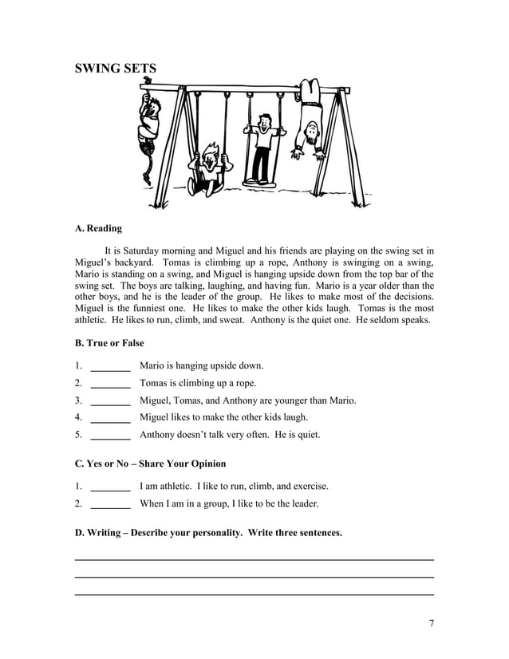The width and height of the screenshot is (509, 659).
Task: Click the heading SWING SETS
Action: (x=116, y=69)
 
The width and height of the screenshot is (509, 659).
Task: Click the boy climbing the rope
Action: (x=147, y=120)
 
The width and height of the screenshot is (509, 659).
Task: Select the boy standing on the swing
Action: (x=261, y=148)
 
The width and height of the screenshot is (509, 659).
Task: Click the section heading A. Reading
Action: (x=98, y=229)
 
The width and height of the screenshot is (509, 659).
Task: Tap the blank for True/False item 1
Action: (x=111, y=367)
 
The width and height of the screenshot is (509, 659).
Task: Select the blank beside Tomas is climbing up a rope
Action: (x=111, y=385)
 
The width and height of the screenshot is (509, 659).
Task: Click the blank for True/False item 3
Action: (x=111, y=401)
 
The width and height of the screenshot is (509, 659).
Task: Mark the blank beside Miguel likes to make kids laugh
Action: (x=111, y=418)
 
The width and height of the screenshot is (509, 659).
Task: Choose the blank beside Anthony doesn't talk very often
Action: (x=111, y=436)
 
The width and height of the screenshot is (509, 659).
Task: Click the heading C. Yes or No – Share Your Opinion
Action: (x=150, y=464)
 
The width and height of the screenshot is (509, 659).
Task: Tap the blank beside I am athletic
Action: (x=111, y=487)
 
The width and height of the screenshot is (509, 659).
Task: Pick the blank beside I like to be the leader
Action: (x=111, y=504)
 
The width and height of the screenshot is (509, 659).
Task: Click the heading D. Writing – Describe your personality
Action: (x=208, y=532)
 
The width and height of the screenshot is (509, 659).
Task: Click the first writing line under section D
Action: (x=254, y=559)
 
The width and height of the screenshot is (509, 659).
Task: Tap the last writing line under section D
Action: (x=254, y=594)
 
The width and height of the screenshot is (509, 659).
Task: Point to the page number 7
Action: (x=431, y=624)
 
